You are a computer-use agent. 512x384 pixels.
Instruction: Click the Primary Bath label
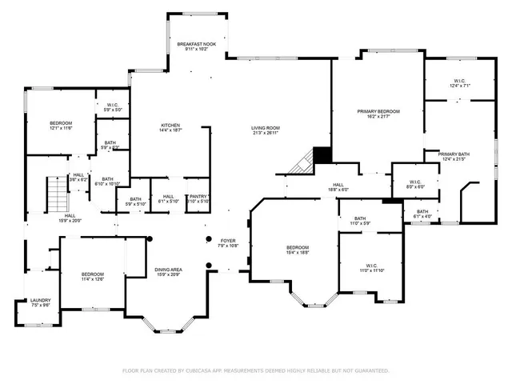click(x=453, y=155)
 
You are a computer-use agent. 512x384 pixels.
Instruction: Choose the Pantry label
click(x=198, y=198)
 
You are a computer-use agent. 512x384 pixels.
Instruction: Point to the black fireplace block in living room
click(x=322, y=154)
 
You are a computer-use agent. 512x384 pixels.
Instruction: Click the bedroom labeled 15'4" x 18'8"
click(x=298, y=250)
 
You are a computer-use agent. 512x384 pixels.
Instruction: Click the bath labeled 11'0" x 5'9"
click(x=360, y=221)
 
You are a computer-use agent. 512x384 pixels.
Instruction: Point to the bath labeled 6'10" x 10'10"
click(x=107, y=182)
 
